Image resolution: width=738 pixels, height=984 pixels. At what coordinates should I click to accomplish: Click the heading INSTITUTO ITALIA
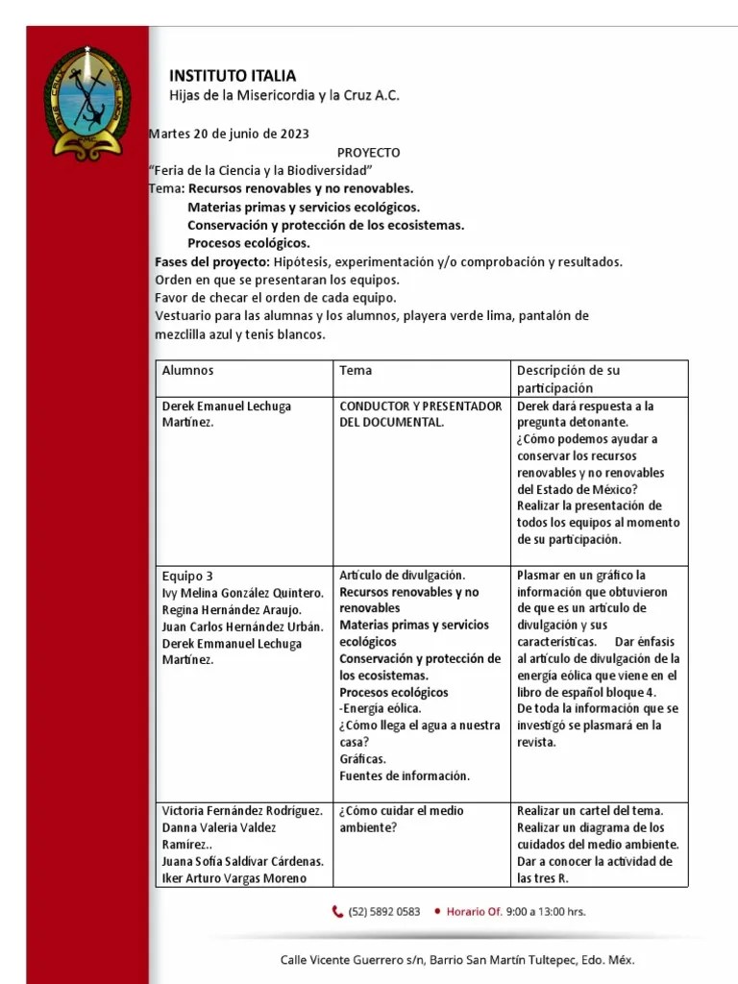click(233, 76)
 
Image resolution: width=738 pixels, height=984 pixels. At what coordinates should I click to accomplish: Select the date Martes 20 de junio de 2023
click(229, 134)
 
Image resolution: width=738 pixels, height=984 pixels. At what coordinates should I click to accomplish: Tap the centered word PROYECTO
click(368, 153)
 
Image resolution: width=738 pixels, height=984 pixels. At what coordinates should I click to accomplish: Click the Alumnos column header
click(188, 371)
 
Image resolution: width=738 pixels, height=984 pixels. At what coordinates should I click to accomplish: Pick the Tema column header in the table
click(356, 371)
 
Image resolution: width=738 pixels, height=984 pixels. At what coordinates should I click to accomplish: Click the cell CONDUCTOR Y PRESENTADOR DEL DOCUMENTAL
click(421, 414)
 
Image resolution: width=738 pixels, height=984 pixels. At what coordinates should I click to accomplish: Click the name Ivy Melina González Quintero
click(243, 593)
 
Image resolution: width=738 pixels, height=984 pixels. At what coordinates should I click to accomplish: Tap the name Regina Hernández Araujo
click(232, 610)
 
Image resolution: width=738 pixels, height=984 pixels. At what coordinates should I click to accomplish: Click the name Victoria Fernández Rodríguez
click(242, 810)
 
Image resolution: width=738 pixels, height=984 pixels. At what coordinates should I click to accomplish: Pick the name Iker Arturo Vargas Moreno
click(234, 877)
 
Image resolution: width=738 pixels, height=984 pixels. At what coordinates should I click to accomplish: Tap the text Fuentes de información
click(405, 775)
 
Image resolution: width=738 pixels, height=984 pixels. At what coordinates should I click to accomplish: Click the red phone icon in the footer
click(337, 912)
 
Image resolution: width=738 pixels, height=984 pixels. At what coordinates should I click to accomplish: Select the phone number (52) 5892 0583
click(384, 912)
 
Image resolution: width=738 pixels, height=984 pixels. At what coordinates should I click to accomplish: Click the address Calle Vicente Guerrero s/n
click(351, 960)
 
